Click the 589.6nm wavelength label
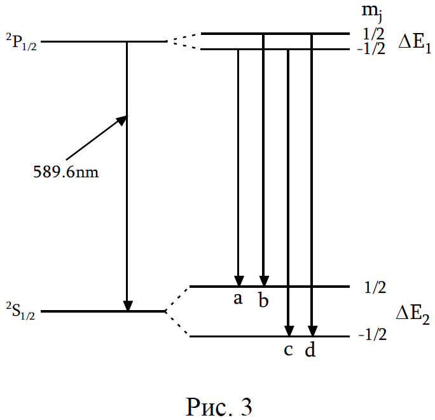pos(66,172)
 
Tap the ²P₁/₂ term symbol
pos(22,42)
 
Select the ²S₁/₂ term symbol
pos(21,311)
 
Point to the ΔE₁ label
pos(415,44)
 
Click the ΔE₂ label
pos(413,315)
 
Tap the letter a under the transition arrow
pos(238,299)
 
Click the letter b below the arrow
pos(263,299)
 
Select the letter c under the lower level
pos(288,350)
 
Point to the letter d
pos(310,348)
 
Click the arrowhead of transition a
pos(239,281)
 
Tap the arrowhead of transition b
pos(264,281)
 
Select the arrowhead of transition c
pos(289,331)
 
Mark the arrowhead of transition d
pos(312,331)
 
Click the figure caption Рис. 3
pos(219,407)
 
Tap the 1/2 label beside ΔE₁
pos(373,34)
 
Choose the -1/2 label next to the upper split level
pos(371,49)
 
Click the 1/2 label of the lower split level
pos(375,287)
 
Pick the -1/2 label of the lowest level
pos(373,335)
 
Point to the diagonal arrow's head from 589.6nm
pos(122,120)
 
